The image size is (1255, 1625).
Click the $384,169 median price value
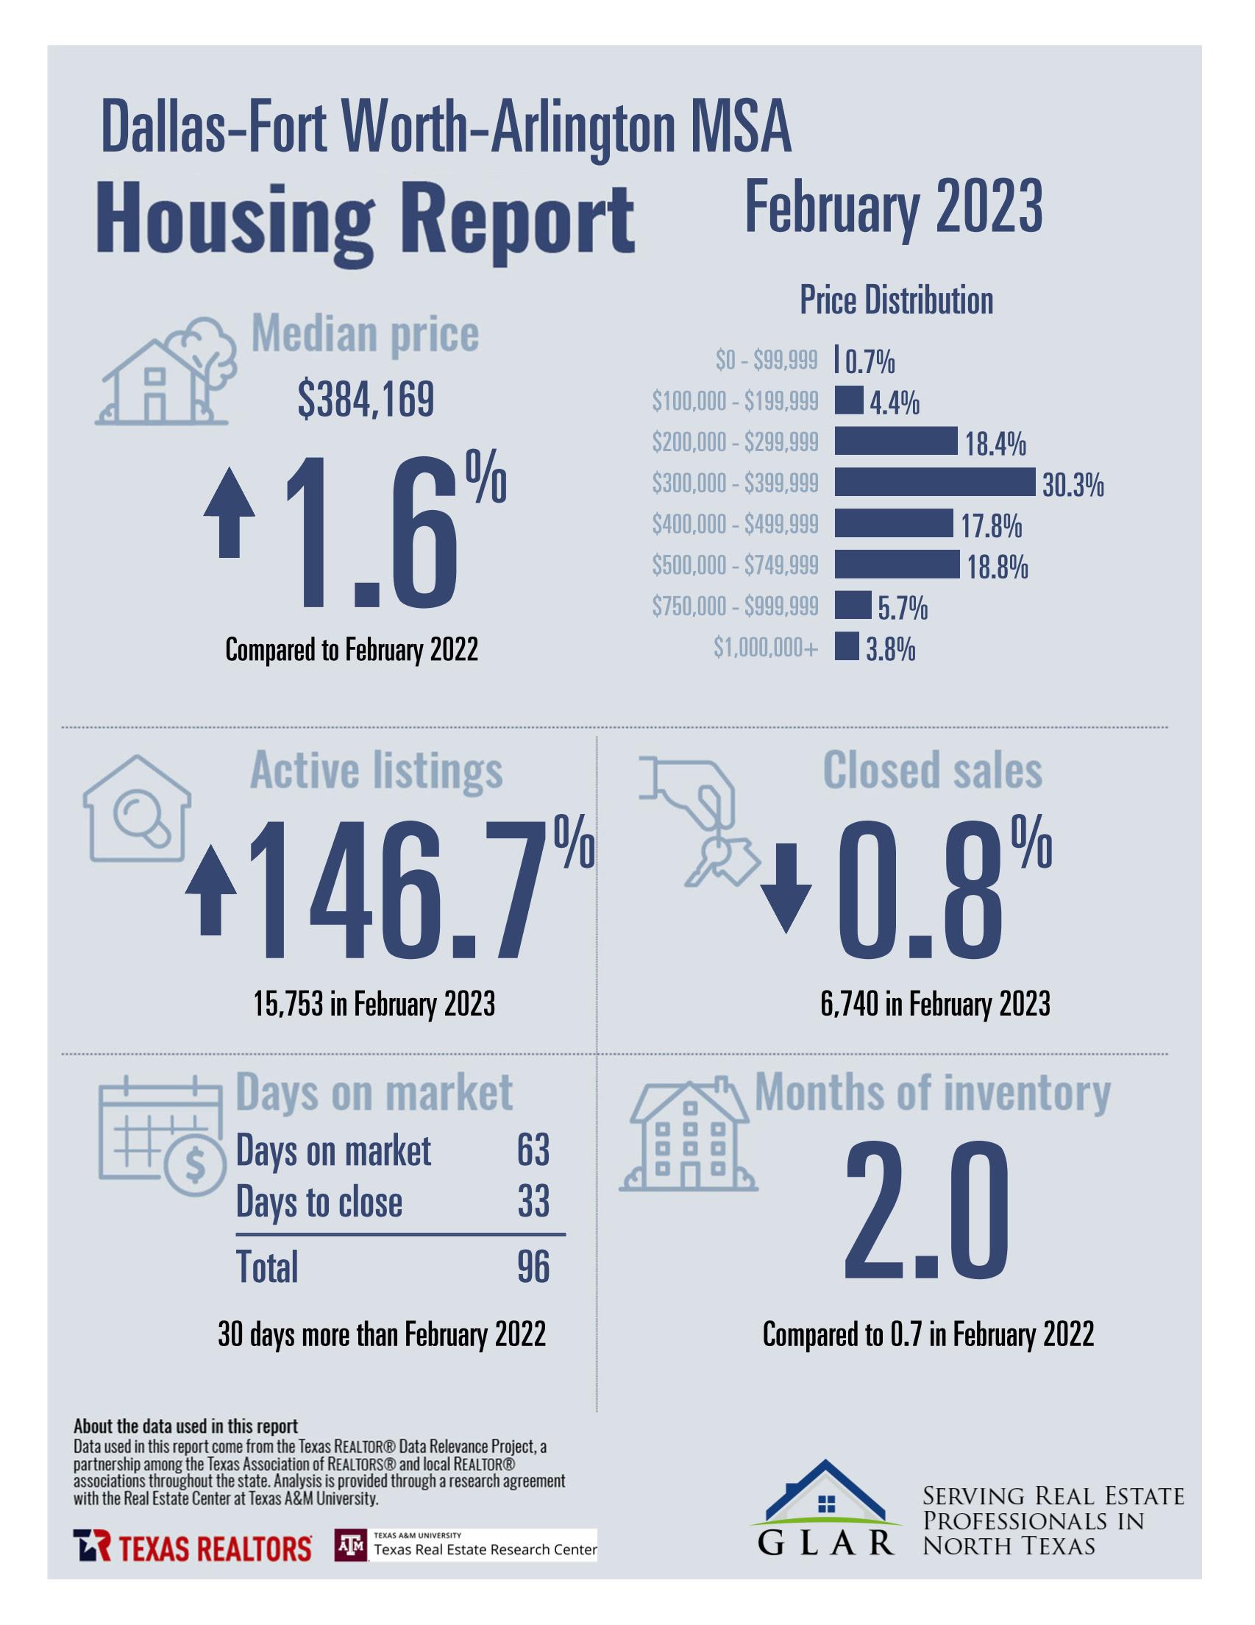point(366,400)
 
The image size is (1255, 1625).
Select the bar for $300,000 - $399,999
point(934,482)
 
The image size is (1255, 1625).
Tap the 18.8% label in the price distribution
point(997,567)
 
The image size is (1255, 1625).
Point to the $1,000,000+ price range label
point(766,648)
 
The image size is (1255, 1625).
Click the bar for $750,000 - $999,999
point(852,605)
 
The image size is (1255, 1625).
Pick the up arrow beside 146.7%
point(211,891)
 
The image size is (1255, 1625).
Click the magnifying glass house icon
point(136,809)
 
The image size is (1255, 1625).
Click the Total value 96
point(533,1266)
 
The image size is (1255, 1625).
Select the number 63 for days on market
point(533,1150)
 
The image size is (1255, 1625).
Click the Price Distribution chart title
point(896,300)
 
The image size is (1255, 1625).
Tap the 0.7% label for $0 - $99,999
point(870,362)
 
